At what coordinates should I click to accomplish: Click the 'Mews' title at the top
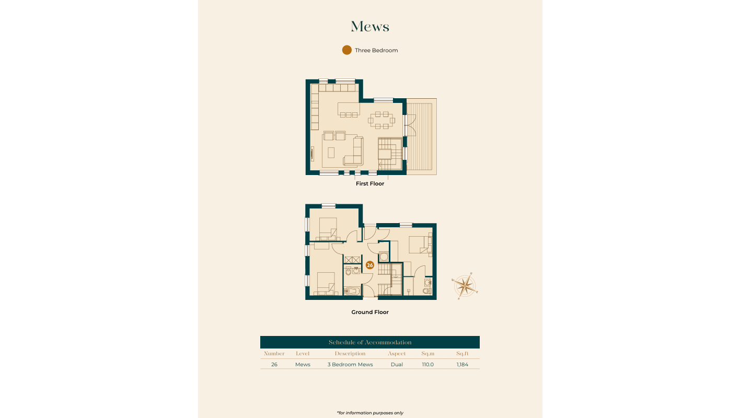coord(370,27)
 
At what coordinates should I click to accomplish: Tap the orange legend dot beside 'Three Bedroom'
coord(347,50)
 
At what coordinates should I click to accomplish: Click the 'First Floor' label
coord(370,183)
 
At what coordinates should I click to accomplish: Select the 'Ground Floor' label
coord(370,312)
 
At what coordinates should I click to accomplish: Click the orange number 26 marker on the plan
coord(369,265)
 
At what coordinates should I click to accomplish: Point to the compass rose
coord(465,286)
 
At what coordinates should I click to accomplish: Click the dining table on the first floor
coord(382,120)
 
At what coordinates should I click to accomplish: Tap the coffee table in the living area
coord(331,153)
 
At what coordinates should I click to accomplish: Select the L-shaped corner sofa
coord(354,153)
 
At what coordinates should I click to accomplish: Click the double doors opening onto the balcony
coord(410,125)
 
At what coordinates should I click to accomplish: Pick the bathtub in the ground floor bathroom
coord(352,291)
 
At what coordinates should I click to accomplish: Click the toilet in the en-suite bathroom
coord(427,291)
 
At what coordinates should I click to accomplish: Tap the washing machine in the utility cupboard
coord(384,257)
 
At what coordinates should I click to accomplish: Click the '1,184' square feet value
coord(462,365)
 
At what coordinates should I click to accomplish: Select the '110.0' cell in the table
coord(428,365)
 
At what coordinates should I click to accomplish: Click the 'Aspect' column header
coord(397,354)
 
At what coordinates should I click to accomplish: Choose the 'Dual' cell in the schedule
coord(397,365)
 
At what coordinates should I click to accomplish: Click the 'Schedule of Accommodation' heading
coord(370,342)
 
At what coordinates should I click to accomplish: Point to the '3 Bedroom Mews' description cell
coord(350,365)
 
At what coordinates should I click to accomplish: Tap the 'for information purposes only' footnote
coord(370,413)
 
